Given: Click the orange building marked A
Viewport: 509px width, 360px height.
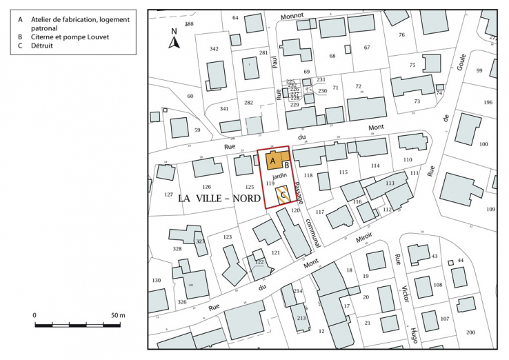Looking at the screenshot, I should pyautogui.click(x=272, y=161).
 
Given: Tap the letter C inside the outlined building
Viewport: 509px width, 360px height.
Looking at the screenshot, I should pyautogui.click(x=281, y=196).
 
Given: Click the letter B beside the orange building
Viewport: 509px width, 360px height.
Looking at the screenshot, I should pyautogui.click(x=286, y=166).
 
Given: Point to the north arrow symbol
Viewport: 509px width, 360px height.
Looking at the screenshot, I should pyautogui.click(x=174, y=41).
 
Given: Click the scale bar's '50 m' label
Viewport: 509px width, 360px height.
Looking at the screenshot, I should pyautogui.click(x=117, y=315).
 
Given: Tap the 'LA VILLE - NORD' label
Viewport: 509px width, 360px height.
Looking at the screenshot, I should pyautogui.click(x=220, y=198).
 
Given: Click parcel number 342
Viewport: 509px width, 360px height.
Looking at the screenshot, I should pyautogui.click(x=214, y=49).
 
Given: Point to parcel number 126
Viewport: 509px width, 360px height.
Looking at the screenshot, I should pyautogui.click(x=206, y=187).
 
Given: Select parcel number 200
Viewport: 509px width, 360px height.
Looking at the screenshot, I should pyautogui.click(x=470, y=332).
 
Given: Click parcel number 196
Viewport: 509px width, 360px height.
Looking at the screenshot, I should pyautogui.click(x=488, y=103).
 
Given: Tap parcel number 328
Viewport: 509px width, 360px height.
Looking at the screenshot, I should pyautogui.click(x=177, y=249).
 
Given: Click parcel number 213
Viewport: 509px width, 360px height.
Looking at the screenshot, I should pyautogui.click(x=301, y=318).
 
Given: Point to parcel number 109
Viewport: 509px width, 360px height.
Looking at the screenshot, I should pyautogui.click(x=490, y=208).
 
